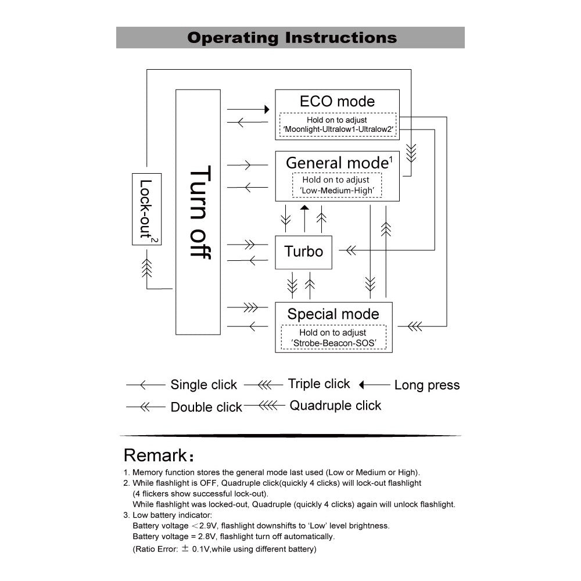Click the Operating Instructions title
[x=292, y=38]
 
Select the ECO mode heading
[x=337, y=101]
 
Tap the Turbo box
[x=303, y=252]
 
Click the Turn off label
[x=199, y=212]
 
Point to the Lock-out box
[x=147, y=209]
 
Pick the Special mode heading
[x=333, y=314]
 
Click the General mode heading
[x=337, y=162]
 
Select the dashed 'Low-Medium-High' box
[x=336, y=185]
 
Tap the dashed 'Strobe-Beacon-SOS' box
[x=333, y=338]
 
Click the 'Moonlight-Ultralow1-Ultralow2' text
[x=338, y=129]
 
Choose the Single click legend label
[x=203, y=385]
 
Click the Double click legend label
[x=206, y=407]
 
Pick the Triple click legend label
[x=319, y=384]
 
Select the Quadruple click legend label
[x=335, y=406]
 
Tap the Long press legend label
[x=426, y=385]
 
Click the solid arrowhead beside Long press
[x=362, y=385]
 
